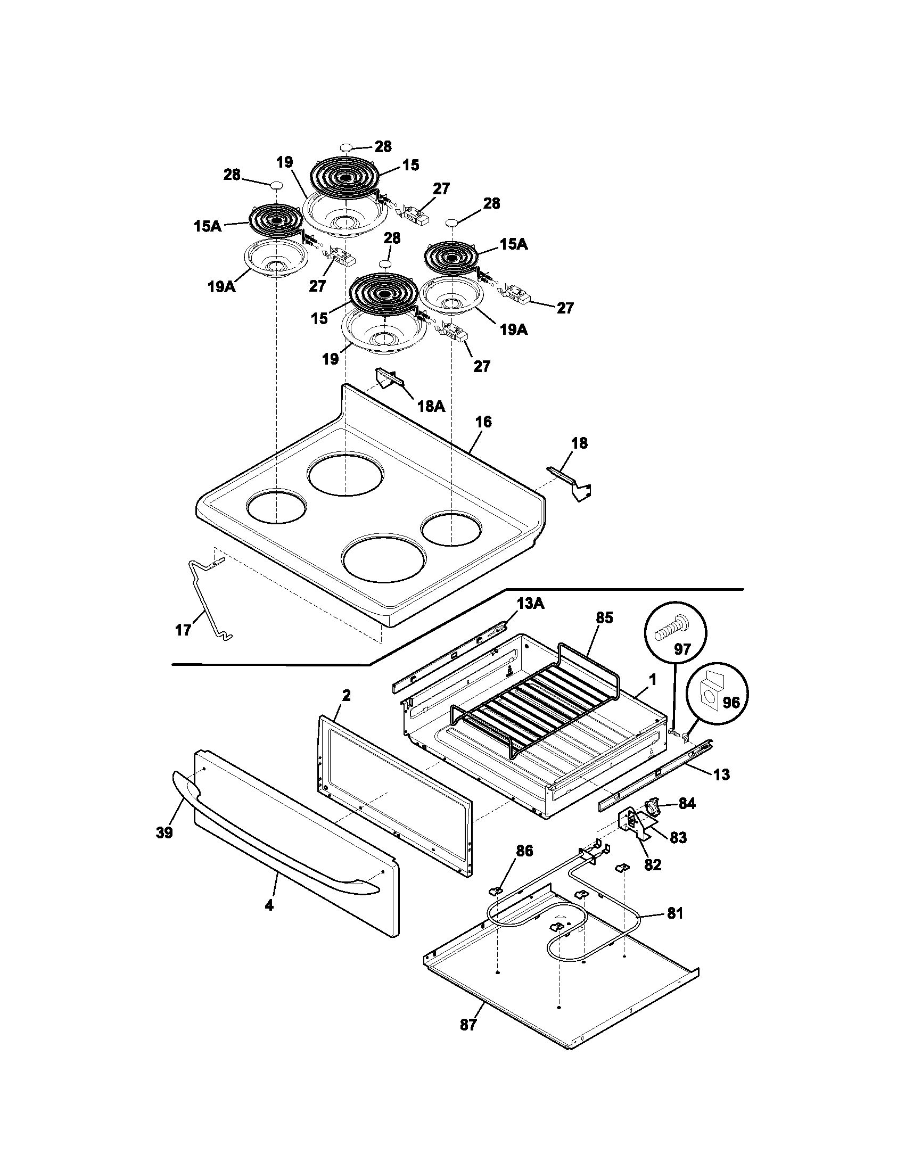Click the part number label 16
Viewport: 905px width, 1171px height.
(x=483, y=422)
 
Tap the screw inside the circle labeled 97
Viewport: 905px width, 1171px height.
(x=668, y=628)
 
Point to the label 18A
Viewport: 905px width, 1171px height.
(x=431, y=406)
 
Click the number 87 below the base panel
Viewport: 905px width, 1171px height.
(x=468, y=1040)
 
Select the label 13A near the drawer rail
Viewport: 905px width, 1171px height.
(x=530, y=604)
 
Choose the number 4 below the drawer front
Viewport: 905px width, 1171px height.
(x=269, y=905)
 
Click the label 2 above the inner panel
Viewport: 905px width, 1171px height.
(x=347, y=696)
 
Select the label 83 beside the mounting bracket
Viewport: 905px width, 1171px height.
(x=678, y=837)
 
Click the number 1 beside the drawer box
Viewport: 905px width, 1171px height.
(x=653, y=679)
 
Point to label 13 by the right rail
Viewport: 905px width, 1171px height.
(x=722, y=774)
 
